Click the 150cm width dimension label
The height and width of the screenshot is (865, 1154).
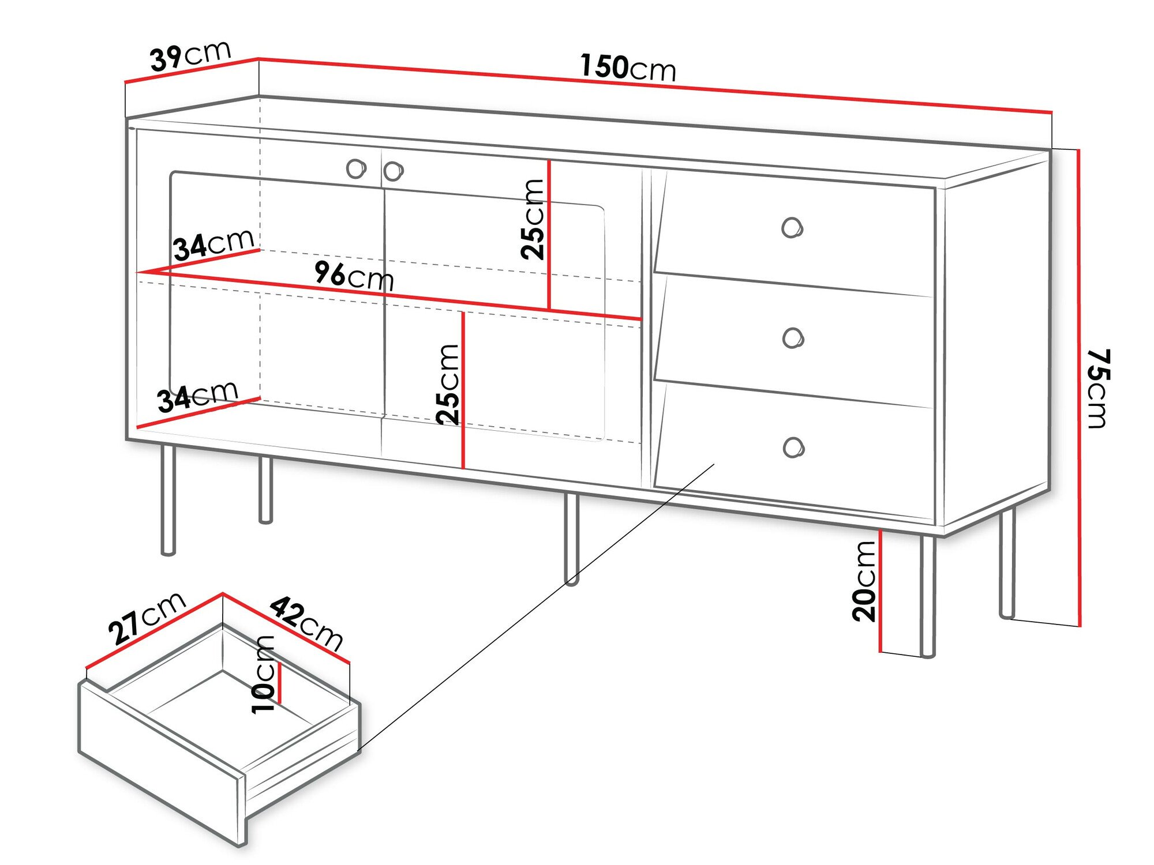[628, 67]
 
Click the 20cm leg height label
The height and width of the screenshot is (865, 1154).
[864, 581]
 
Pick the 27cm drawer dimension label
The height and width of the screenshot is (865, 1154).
[147, 618]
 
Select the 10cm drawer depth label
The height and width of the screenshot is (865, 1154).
[264, 674]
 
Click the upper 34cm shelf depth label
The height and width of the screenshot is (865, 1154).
[213, 245]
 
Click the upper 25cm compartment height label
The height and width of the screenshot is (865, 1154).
[533, 219]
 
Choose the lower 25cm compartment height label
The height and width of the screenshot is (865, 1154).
[448, 385]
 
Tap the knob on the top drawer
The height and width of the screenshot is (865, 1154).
[792, 228]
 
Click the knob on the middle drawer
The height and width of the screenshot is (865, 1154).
[793, 338]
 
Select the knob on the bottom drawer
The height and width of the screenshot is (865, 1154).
[794, 447]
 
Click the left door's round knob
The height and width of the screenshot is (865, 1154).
[357, 169]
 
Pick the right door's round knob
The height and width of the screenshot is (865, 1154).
[393, 171]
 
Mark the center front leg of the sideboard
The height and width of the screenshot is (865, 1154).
[571, 539]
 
